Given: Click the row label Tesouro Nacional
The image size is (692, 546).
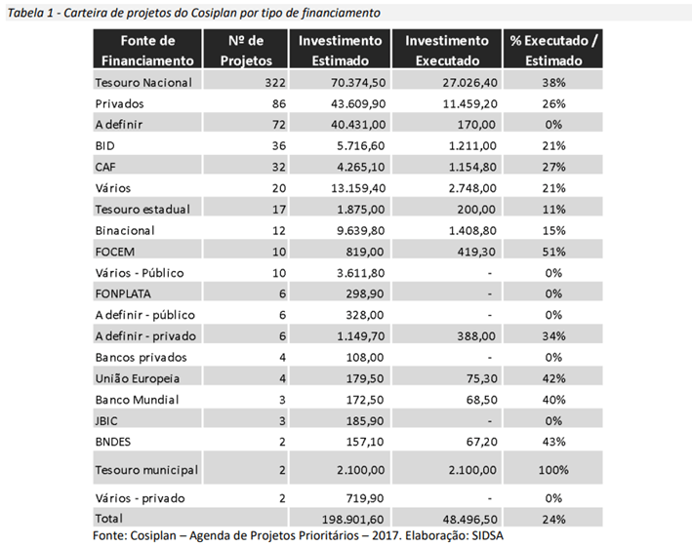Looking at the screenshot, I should coord(143,83).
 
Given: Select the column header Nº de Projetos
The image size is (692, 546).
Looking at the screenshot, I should coord(245,50).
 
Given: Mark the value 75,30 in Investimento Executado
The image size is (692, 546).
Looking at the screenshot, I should coord(468,376).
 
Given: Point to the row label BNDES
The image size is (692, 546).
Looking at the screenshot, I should coord(115,441).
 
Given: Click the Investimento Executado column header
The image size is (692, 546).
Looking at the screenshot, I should coord(447,50).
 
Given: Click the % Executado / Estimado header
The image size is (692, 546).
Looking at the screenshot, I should coord(553,50).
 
